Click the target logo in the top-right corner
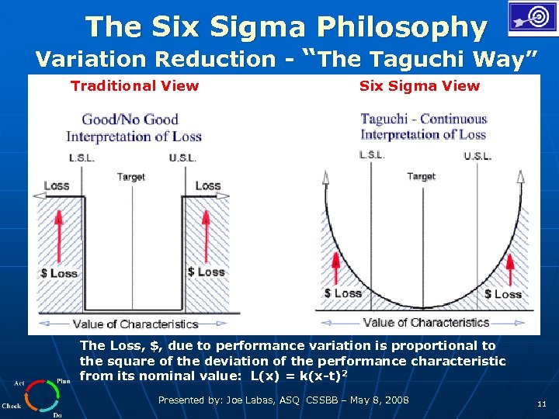(533, 19)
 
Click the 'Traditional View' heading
(134, 86)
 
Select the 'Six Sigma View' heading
(419, 86)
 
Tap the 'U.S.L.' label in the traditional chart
(182, 158)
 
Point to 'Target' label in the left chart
(131, 177)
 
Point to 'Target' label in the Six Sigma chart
(422, 176)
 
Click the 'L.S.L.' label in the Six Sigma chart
(373, 154)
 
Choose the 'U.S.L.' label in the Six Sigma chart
(477, 156)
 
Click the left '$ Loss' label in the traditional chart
(59, 273)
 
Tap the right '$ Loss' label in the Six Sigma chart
(502, 294)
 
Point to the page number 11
(541, 403)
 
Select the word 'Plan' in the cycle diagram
(64, 381)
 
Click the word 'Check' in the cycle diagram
(12, 405)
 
